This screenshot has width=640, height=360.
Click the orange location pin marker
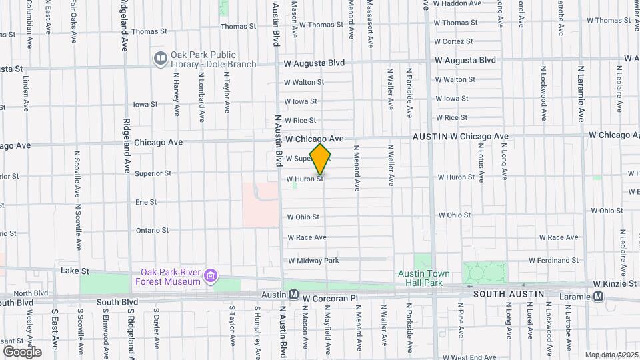(321, 159)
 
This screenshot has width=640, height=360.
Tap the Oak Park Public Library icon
(160, 59)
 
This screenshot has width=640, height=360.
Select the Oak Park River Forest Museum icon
(211, 275)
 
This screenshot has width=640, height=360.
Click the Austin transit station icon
(293, 295)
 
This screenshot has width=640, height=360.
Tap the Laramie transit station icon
(599, 296)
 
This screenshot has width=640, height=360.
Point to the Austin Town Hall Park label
(424, 278)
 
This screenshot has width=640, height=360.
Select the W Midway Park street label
(313, 260)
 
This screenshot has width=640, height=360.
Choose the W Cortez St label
(457, 41)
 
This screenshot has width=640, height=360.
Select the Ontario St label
(152, 230)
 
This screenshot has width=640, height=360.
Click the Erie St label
(145, 201)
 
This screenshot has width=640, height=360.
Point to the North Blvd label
(31, 293)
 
